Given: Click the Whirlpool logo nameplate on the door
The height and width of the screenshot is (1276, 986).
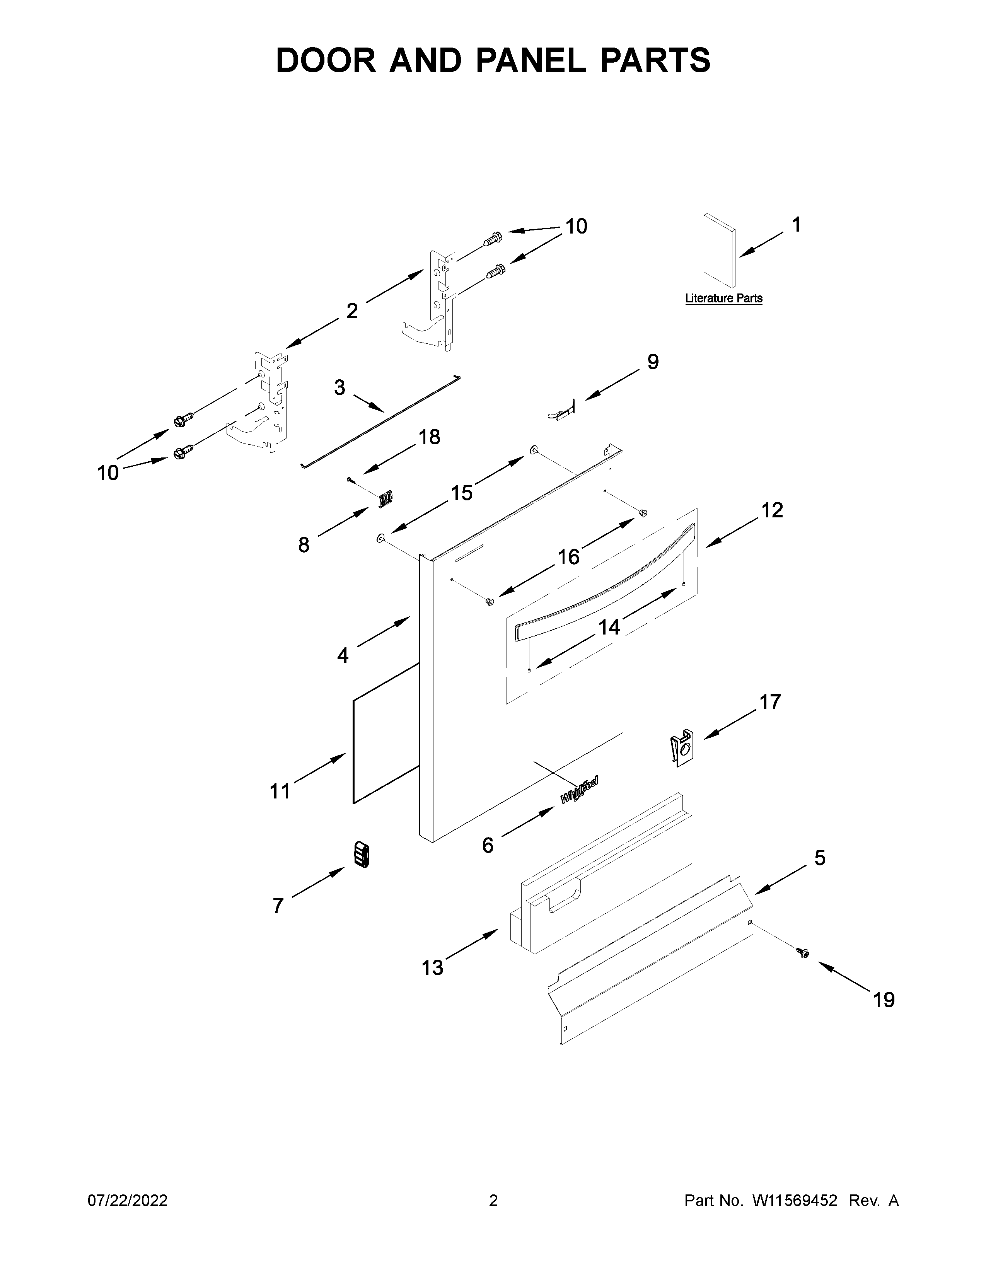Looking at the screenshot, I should tap(579, 789).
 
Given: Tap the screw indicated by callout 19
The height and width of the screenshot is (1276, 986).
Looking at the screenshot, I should tap(803, 953).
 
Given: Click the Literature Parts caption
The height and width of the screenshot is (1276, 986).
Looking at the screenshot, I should tap(723, 299).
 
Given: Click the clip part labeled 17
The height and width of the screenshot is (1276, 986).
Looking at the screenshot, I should tap(681, 747).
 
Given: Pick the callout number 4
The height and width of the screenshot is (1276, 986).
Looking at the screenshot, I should tap(343, 655).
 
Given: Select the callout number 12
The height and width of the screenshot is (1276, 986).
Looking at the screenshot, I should tap(772, 510).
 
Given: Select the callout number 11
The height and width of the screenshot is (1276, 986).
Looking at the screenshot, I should tap(280, 792).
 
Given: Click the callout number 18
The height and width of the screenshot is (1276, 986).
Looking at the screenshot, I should tap(429, 437).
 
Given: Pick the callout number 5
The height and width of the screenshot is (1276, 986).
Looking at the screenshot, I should tap(819, 858).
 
